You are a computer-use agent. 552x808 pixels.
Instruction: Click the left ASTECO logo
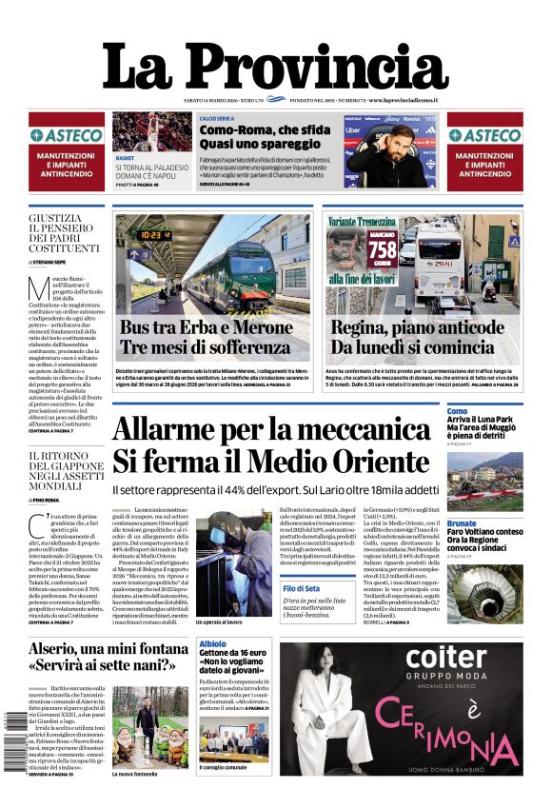[66, 135]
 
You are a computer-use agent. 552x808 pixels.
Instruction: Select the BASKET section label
[125, 157]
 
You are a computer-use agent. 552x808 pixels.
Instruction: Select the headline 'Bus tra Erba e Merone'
[207, 328]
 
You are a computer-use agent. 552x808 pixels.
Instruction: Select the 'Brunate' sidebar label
[462, 522]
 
